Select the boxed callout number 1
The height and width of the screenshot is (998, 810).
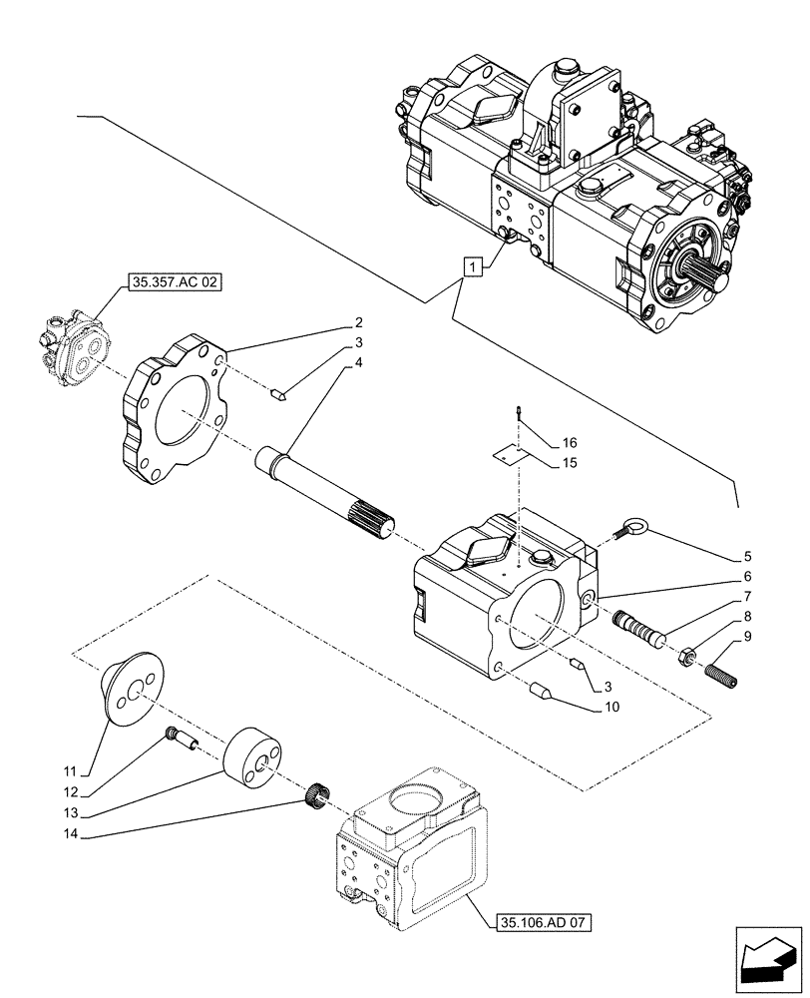click(x=473, y=266)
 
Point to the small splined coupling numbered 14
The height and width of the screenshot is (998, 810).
click(x=317, y=794)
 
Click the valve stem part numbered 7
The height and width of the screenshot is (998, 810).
click(x=638, y=631)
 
